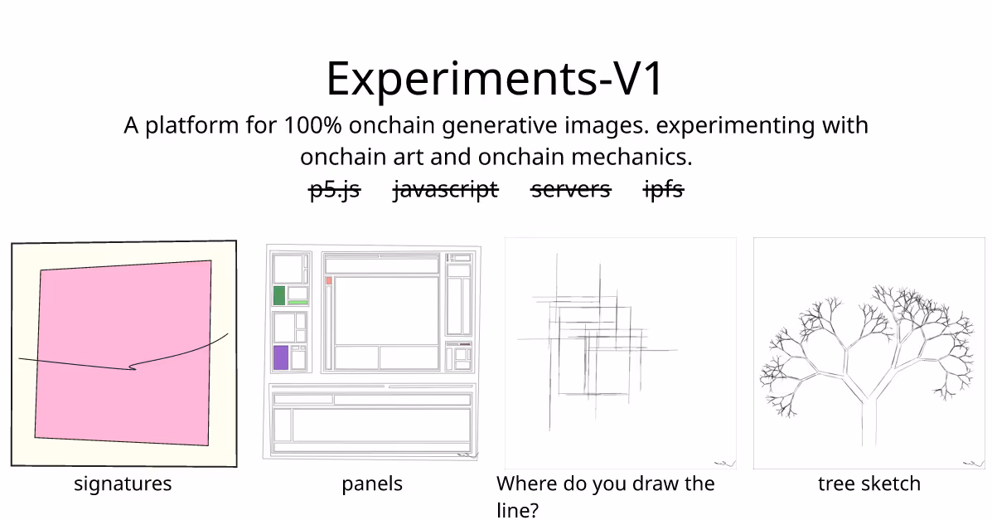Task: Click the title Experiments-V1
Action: pyautogui.click(x=495, y=78)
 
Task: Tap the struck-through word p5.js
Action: pyautogui.click(x=335, y=189)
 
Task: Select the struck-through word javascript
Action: pyautogui.click(x=445, y=189)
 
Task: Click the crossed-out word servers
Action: pyautogui.click(x=571, y=189)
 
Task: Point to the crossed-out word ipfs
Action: pyautogui.click(x=664, y=189)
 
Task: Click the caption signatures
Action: pyautogui.click(x=123, y=484)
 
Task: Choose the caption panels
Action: pyautogui.click(x=372, y=484)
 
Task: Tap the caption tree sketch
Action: pyautogui.click(x=869, y=484)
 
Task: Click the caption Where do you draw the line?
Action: pyautogui.click(x=606, y=496)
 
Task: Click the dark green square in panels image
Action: pyautogui.click(x=279, y=296)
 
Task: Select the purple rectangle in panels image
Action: pyautogui.click(x=281, y=357)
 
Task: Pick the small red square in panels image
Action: pyautogui.click(x=329, y=280)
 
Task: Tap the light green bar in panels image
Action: pyautogui.click(x=298, y=303)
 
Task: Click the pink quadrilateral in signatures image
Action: pyautogui.click(x=123, y=352)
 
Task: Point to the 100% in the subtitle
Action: pyautogui.click(x=312, y=125)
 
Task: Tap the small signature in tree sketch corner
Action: pyautogui.click(x=973, y=464)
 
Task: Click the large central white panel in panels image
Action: pyautogui.click(x=386, y=310)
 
